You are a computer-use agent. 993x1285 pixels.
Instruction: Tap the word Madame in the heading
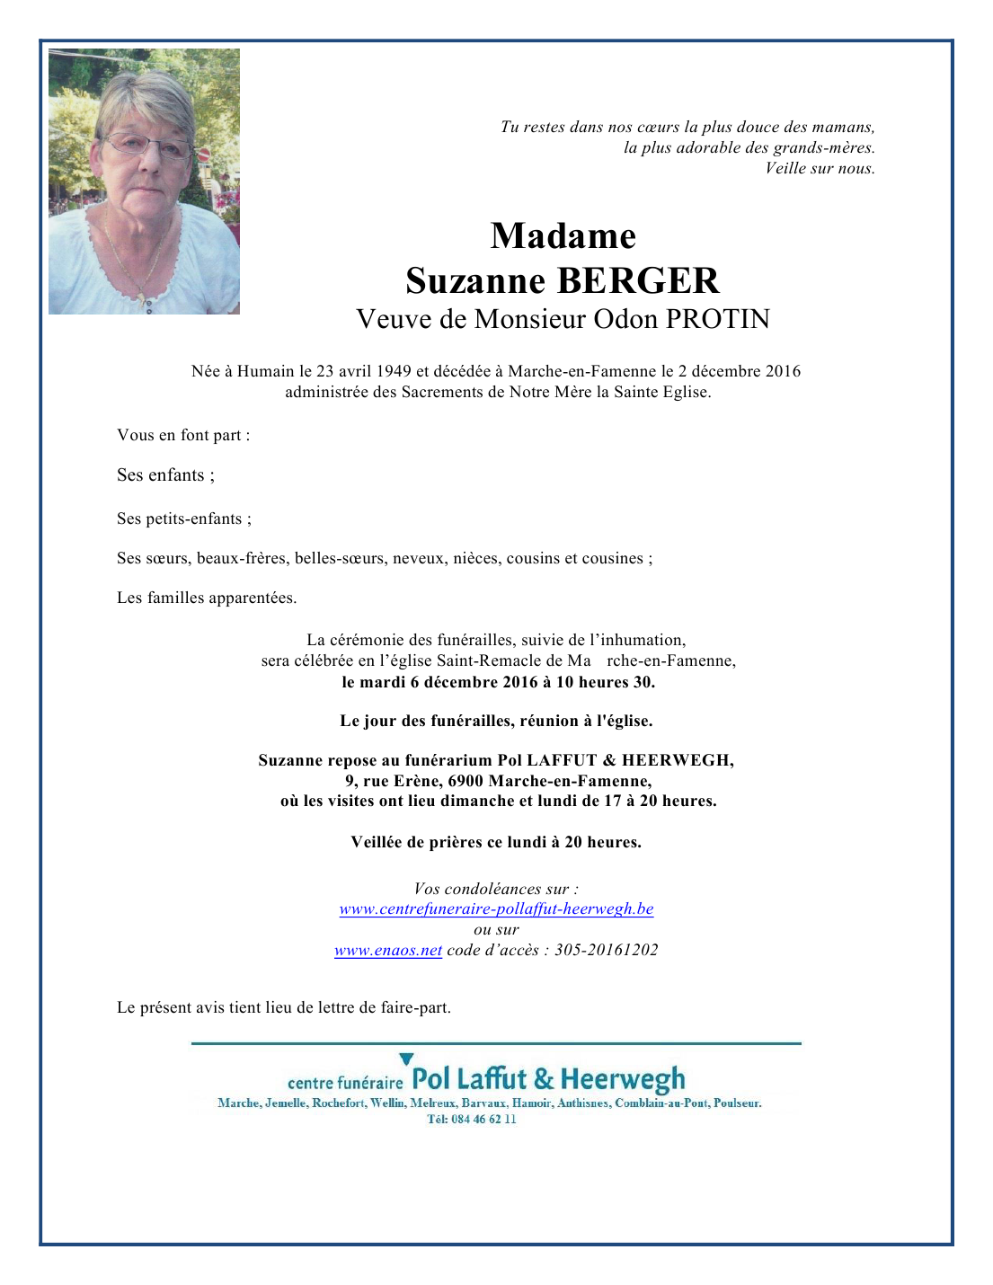pos(563,236)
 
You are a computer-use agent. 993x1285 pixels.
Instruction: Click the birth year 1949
pos(394,371)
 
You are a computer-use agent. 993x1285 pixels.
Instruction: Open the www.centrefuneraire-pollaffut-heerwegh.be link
pos(496,908)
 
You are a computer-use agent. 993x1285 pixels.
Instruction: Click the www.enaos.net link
pos(388,950)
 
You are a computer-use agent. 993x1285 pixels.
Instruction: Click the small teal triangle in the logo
pos(406,1059)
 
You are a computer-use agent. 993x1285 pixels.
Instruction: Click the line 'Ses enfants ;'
pos(165,475)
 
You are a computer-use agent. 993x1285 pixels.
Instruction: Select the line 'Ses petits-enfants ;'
pos(184,518)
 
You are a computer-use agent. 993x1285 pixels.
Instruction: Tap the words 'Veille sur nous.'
pos(820,168)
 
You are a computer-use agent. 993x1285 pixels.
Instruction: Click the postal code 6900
pos(465,781)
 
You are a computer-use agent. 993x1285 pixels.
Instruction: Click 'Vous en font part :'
pos(183,435)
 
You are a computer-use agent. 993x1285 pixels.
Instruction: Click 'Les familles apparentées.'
pos(207,598)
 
